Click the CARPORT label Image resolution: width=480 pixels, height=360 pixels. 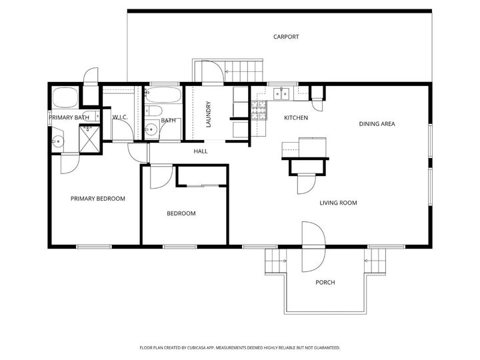(286, 37)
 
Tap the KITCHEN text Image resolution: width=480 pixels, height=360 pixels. (296, 118)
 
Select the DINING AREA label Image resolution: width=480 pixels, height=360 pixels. (378, 124)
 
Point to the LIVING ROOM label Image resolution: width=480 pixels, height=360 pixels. (339, 203)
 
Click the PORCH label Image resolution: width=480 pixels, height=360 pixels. (325, 283)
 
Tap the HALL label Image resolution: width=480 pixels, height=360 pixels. (201, 151)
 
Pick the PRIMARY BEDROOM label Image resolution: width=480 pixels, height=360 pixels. (98, 199)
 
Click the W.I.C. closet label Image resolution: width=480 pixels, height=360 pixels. (120, 118)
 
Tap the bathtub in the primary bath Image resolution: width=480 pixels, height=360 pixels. (65, 99)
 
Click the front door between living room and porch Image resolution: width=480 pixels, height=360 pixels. (313, 247)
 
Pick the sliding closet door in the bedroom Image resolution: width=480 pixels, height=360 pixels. (202, 184)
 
